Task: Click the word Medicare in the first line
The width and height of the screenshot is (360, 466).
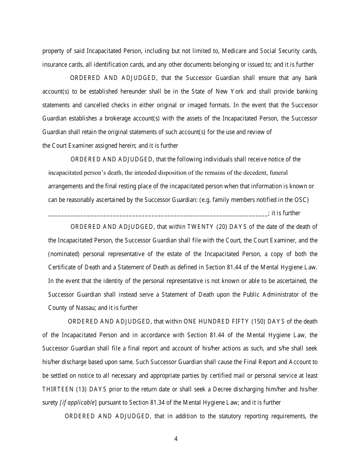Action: click(x=233, y=51)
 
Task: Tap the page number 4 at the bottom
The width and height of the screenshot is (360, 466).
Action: click(x=176, y=439)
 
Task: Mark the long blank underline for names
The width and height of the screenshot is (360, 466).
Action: click(x=158, y=213)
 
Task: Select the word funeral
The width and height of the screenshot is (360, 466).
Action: click(x=279, y=173)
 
